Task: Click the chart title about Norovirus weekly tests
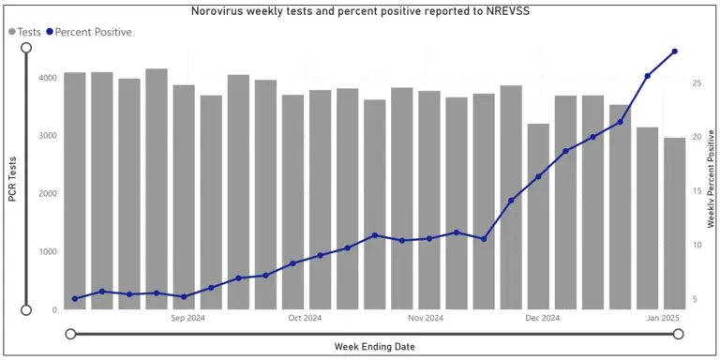point(359,12)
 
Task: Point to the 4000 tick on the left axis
point(48,77)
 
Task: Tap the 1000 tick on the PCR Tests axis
point(48,251)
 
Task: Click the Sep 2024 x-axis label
point(187,318)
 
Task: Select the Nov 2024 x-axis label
point(426,318)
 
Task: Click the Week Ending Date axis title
point(374,347)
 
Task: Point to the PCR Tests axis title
point(12,179)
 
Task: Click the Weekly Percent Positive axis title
point(711,179)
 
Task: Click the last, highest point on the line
point(674,52)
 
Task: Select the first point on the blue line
point(75,298)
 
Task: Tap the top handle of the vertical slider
point(26,47)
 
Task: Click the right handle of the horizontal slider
point(678,333)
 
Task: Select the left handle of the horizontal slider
point(70,333)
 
